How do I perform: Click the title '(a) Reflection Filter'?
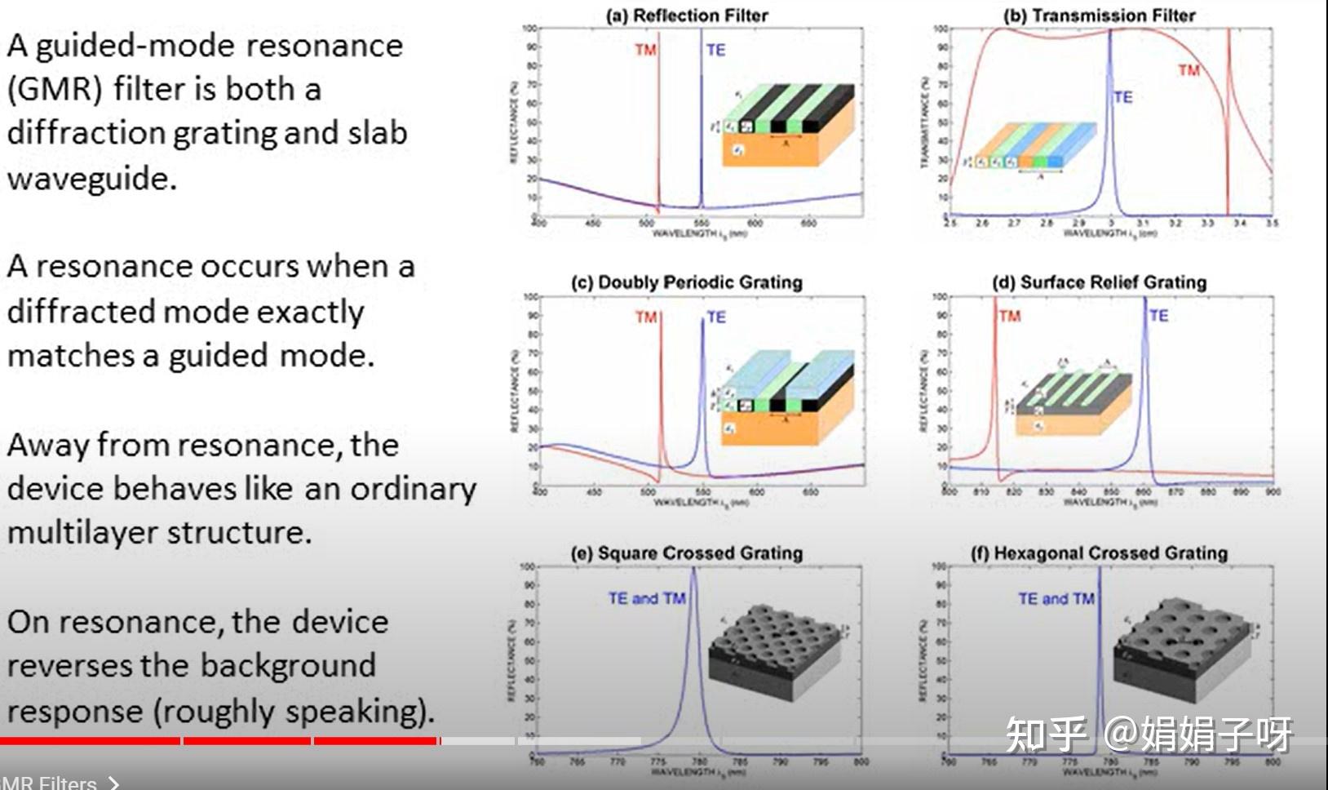click(x=687, y=16)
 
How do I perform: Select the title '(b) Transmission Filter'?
click(x=1099, y=16)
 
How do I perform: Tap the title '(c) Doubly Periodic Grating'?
click(x=686, y=282)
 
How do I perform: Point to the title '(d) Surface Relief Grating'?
click(x=1099, y=282)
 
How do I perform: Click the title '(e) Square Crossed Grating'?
click(x=686, y=553)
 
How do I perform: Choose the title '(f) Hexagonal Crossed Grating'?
click(x=1099, y=553)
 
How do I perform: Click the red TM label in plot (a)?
click(x=645, y=51)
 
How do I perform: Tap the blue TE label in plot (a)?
click(x=715, y=51)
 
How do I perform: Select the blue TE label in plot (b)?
click(x=1122, y=97)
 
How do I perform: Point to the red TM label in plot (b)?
click(x=1189, y=71)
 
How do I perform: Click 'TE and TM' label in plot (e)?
click(x=646, y=599)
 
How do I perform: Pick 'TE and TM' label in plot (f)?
click(x=1056, y=599)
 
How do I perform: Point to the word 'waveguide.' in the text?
click(x=91, y=177)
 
